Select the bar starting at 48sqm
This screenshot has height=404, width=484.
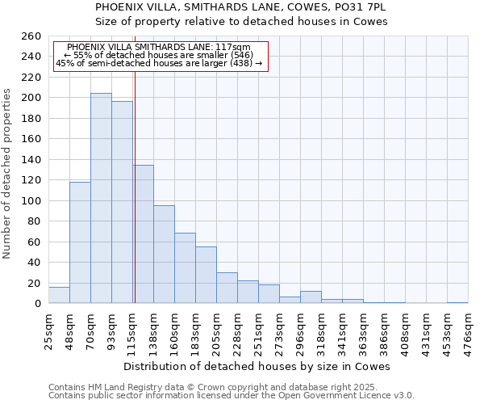pos(80,242)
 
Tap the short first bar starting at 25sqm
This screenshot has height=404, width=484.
pos(59,295)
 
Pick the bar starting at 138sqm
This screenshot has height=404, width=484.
pos(164,255)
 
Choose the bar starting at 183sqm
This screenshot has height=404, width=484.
pos(206,275)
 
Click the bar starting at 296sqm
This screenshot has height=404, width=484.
pos(311,297)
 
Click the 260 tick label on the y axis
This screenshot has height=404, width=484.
pos(32,36)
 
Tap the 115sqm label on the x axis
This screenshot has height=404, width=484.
pos(132,330)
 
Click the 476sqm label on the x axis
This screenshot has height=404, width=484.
pos(469,330)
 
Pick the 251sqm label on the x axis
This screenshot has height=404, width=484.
pos(258,330)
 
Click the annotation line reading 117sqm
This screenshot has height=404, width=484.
pos(159,48)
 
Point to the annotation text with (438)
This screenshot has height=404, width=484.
pos(159,63)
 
